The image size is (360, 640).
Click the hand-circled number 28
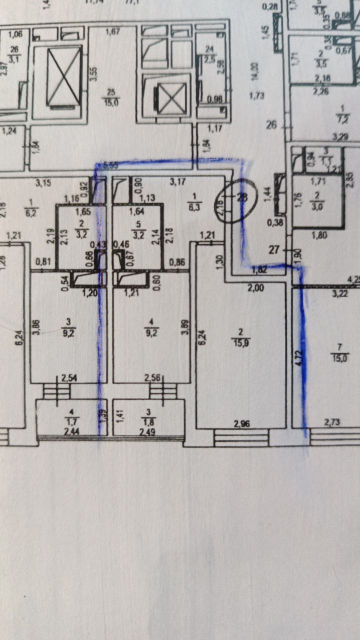242,196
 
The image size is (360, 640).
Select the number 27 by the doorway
273,250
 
